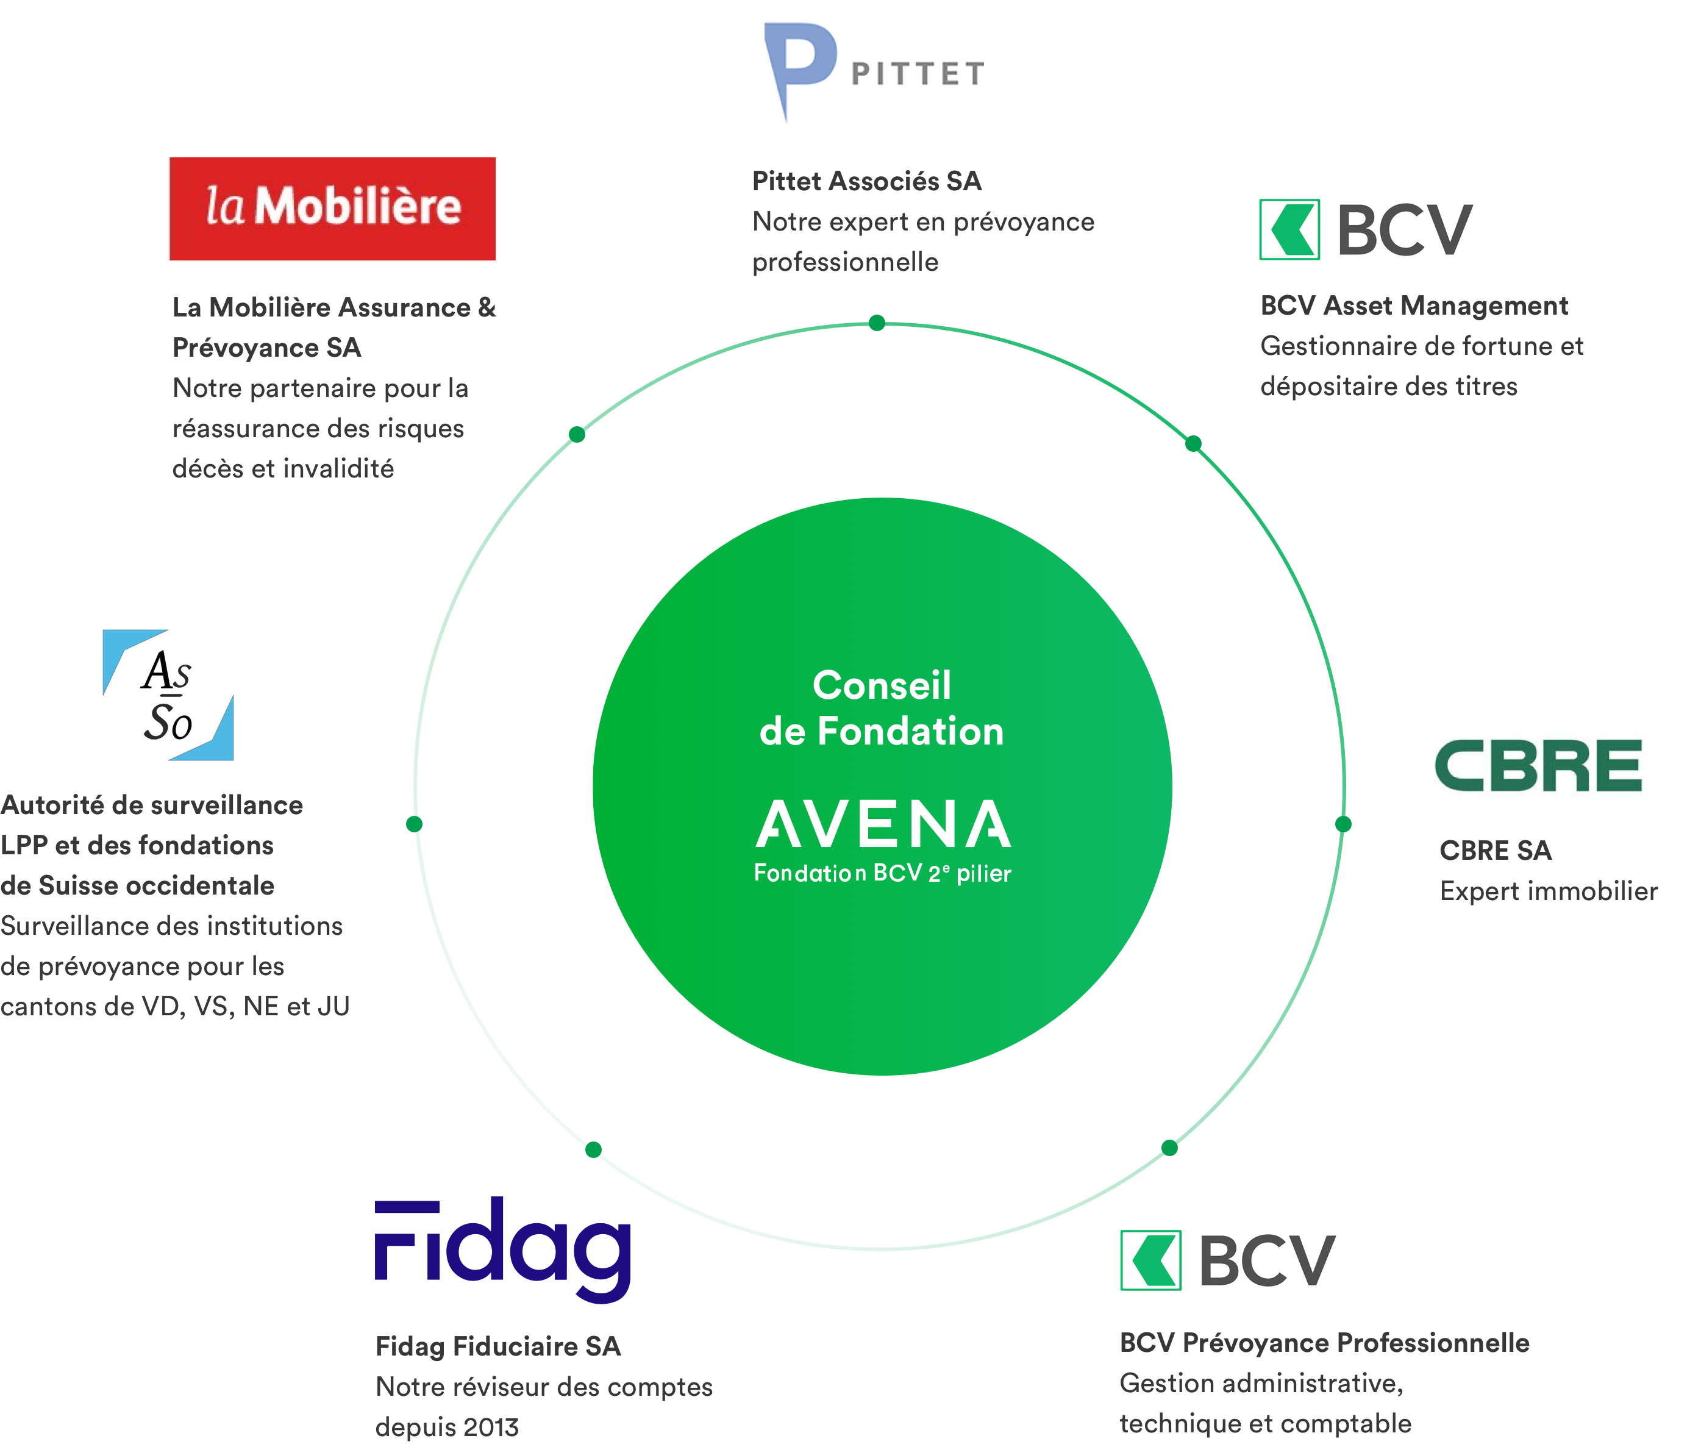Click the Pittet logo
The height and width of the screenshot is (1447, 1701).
[x=874, y=74]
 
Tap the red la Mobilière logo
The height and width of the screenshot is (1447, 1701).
[x=332, y=209]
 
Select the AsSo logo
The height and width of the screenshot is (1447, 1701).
[x=168, y=695]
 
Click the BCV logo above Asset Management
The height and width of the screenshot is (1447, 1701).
[x=1366, y=230]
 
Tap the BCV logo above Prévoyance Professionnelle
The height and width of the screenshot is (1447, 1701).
[x=1228, y=1260]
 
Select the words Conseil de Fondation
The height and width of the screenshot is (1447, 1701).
[x=882, y=708]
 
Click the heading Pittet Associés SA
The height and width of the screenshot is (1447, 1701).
[x=866, y=181]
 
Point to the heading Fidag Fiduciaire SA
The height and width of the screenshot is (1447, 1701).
[x=498, y=1346]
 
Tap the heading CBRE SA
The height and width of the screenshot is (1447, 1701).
[x=1495, y=851]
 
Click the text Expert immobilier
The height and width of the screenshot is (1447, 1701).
[x=1549, y=891]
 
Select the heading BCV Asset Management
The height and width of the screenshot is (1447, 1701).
[x=1414, y=306]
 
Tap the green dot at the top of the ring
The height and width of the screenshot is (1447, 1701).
[x=877, y=323]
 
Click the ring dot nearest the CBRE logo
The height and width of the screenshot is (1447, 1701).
[x=1343, y=824]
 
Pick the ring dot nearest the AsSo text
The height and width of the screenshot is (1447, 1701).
[x=414, y=824]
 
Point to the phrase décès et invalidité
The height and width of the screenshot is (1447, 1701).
[x=283, y=468]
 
